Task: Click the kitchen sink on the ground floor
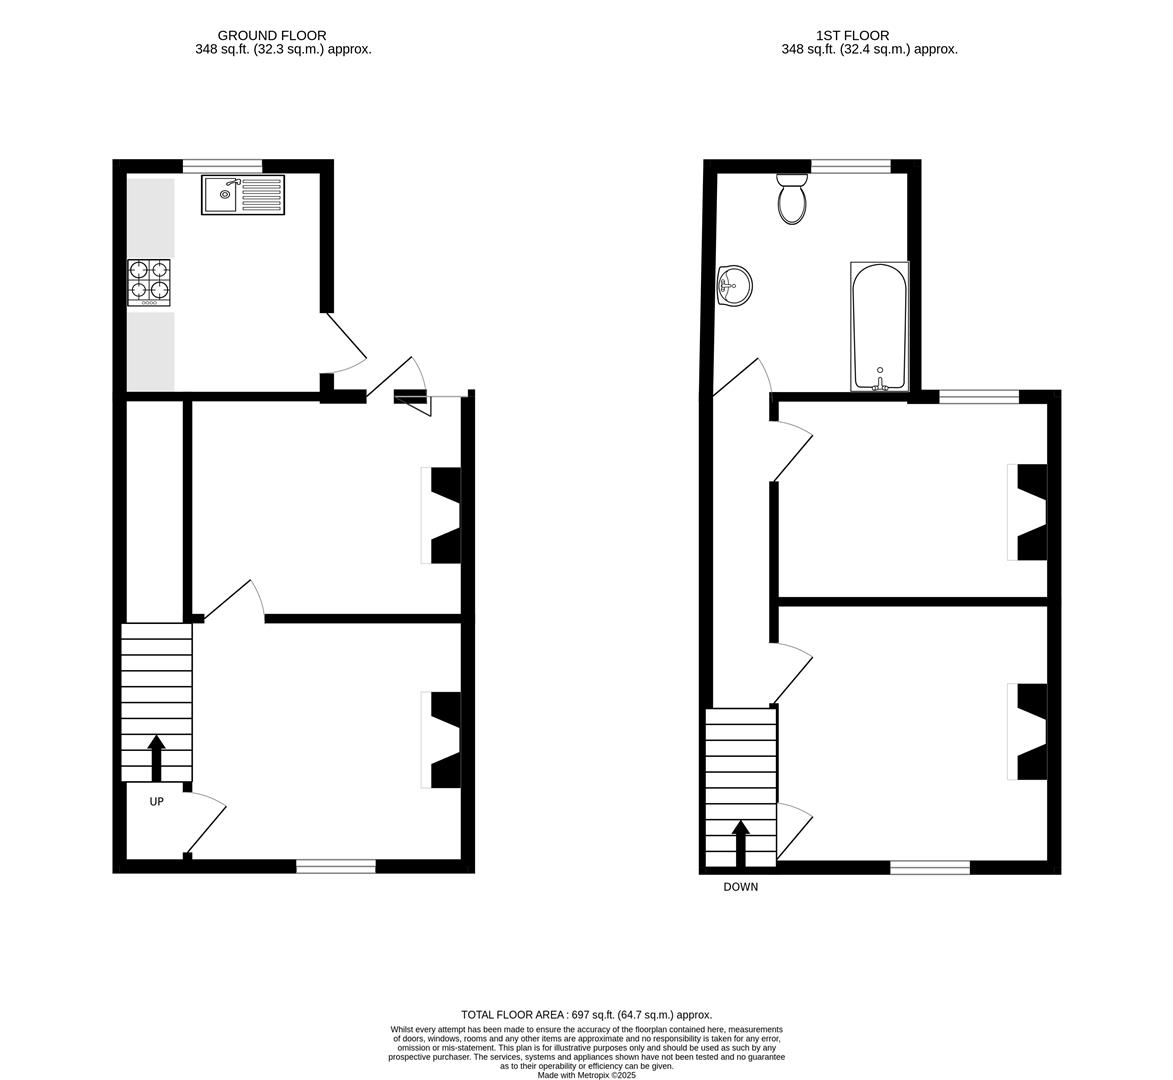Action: [x=243, y=194]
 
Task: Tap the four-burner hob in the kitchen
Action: [x=150, y=282]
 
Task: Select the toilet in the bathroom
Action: [x=791, y=199]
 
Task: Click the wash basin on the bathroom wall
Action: [x=734, y=286]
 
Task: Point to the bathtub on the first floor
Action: [x=880, y=326]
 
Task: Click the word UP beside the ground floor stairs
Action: [x=156, y=802]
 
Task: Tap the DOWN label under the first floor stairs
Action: [x=741, y=887]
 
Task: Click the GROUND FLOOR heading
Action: [x=272, y=35]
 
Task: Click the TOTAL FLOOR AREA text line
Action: [x=586, y=1015]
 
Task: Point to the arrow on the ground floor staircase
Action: [x=156, y=758]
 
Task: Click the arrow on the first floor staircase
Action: [x=741, y=843]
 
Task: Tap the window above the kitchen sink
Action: [x=224, y=166]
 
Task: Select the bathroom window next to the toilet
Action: [x=851, y=166]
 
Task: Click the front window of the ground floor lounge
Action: [x=336, y=866]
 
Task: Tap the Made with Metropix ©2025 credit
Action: [x=586, y=1076]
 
